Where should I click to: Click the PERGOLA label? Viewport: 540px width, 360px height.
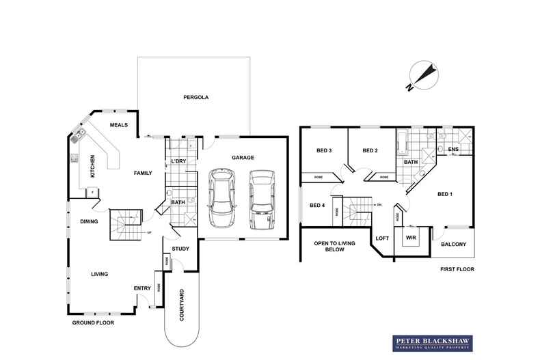click(195, 98)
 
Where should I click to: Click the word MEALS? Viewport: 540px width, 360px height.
click(120, 124)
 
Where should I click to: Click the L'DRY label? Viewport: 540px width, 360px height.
click(178, 161)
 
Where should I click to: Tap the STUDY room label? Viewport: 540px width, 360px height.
click(180, 249)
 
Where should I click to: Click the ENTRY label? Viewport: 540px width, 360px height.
click(142, 288)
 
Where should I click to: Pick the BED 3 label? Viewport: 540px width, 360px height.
click(324, 151)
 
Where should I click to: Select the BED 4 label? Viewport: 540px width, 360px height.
click(317, 205)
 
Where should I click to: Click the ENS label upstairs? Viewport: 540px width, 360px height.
click(453, 151)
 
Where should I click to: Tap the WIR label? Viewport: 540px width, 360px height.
click(411, 238)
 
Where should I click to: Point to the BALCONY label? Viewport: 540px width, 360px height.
click(453, 244)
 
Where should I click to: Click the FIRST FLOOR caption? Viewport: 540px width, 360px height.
click(457, 269)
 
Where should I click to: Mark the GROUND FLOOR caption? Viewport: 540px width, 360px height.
click(93, 321)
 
